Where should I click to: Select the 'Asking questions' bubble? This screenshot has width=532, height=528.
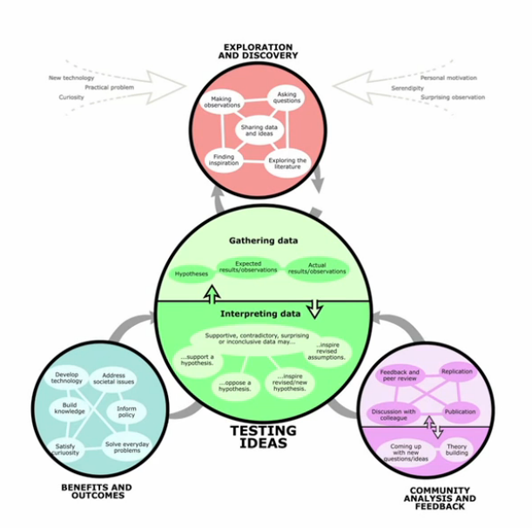(x=288, y=98)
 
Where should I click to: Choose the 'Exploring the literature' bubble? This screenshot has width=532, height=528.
(x=289, y=162)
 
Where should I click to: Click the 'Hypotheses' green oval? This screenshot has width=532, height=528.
(x=192, y=274)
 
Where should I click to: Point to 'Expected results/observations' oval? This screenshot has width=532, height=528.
(x=248, y=267)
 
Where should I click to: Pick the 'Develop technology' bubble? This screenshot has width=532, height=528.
(x=67, y=377)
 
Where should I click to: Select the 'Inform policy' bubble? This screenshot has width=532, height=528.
(x=126, y=412)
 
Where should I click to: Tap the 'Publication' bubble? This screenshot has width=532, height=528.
(x=461, y=411)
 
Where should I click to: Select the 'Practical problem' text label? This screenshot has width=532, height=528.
(x=109, y=88)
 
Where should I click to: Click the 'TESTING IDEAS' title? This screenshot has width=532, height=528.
(x=263, y=437)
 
